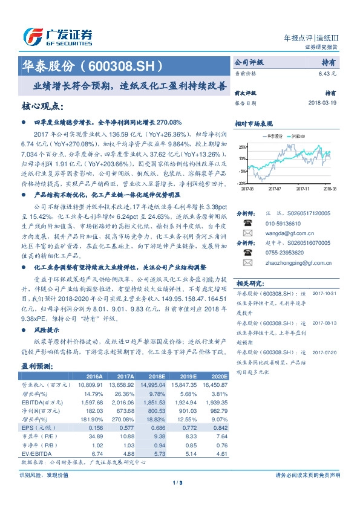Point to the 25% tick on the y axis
point(242,147)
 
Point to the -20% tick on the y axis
point(242,183)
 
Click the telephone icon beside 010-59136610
point(246,222)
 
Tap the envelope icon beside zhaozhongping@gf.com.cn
point(246,264)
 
